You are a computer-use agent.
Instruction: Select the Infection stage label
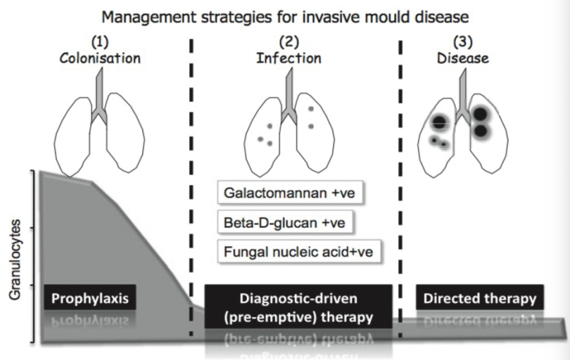(289, 58)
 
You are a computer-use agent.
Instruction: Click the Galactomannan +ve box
(290, 193)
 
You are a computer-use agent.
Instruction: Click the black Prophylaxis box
(90, 298)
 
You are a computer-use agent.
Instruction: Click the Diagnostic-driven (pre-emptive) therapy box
(298, 307)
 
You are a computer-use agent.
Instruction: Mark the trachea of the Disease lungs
(461, 92)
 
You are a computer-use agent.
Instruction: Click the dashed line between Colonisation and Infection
(191, 178)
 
